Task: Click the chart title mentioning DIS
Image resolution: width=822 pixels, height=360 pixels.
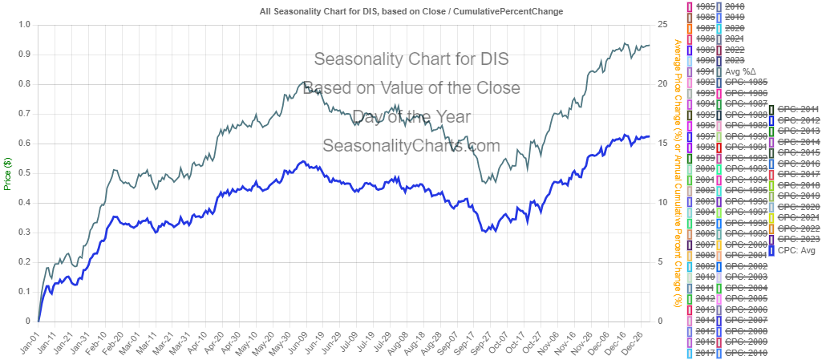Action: click(411, 12)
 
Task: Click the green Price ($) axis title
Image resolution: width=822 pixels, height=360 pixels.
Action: click(7, 172)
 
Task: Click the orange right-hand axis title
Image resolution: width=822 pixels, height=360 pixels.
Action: click(678, 172)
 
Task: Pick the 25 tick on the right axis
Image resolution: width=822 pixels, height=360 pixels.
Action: click(662, 24)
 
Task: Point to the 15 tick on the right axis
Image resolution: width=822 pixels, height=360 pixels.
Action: click(662, 143)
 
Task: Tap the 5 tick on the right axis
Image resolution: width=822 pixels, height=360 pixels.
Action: click(662, 261)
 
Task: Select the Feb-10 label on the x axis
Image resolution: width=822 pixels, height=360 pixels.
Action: click(101, 342)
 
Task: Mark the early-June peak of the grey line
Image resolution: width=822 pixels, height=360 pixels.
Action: click(302, 82)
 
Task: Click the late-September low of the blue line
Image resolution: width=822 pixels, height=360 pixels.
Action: click(484, 231)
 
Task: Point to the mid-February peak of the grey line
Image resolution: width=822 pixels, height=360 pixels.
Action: click(115, 169)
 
